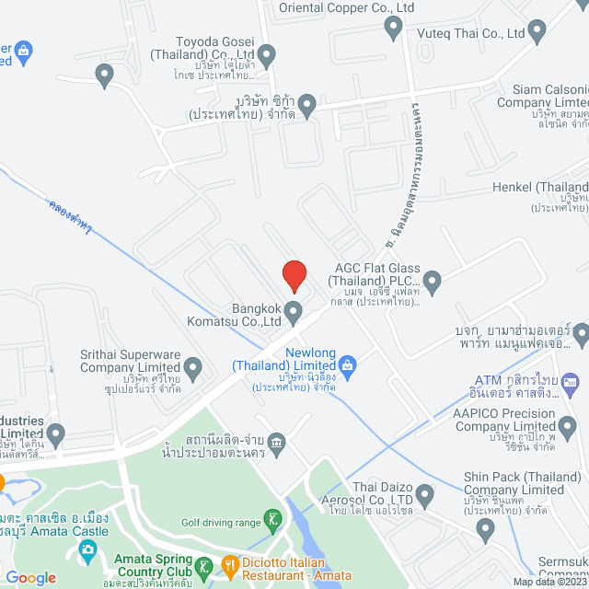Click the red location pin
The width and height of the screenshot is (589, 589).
coord(294,274)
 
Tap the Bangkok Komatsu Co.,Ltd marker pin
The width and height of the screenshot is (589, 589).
coord(294,313)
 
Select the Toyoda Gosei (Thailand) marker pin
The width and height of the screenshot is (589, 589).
coord(267,56)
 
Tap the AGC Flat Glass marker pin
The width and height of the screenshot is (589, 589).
coord(432,278)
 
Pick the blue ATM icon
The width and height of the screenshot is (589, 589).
coord(570,379)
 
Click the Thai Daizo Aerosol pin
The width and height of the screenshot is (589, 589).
coord(424,496)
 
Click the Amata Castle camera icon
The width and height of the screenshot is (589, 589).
coord(88,551)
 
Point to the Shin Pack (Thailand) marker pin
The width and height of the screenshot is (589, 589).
coord(487,528)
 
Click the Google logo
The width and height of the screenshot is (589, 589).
coord(30,577)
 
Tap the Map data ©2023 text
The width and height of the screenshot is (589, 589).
coord(549,582)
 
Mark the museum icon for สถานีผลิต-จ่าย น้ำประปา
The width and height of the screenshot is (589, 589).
coord(277,445)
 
